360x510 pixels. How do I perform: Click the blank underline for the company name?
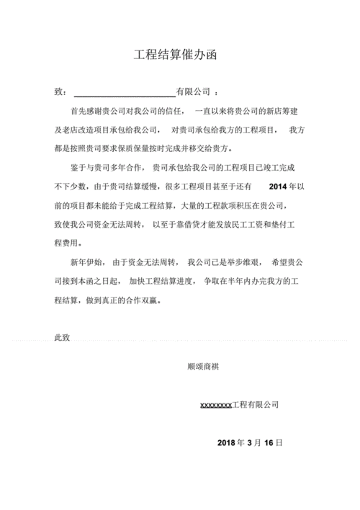coord(124,92)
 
